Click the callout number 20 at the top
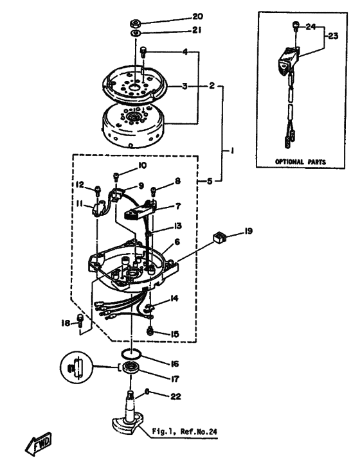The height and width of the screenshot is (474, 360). coord(197,16)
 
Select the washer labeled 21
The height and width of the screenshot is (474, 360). coord(134,33)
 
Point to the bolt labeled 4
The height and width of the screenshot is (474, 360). coord(143,51)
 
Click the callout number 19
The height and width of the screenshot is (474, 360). coord(248,232)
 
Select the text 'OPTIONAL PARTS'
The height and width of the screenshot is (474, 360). coord(300,162)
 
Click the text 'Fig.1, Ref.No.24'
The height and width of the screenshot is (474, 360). coord(184,432)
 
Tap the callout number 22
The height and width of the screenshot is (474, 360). coord(175,396)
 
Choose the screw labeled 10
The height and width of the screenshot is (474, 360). coord(116,176)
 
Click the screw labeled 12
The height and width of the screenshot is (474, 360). coord(97,190)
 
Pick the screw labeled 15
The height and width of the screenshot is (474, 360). coord(149,331)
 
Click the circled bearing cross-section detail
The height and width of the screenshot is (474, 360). coord(76,367)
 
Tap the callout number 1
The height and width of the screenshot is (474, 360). coord(232,150)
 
